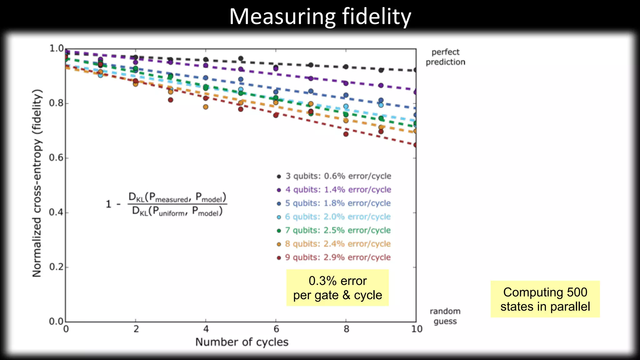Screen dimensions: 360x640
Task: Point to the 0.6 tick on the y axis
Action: [57, 157]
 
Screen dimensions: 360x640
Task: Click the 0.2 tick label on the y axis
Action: [57, 267]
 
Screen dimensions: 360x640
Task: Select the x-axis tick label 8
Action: [346, 329]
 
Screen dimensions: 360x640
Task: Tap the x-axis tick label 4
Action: [206, 329]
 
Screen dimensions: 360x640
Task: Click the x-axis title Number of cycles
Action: [242, 342]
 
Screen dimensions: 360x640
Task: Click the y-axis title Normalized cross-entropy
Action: [37, 183]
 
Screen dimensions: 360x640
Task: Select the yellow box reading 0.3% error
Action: [337, 288]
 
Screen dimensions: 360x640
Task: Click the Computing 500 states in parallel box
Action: [545, 299]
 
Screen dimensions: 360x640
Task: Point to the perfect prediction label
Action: [445, 57]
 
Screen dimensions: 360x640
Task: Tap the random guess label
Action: [445, 316]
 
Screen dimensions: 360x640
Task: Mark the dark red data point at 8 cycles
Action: [346, 134]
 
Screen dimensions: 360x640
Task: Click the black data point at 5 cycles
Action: [241, 58]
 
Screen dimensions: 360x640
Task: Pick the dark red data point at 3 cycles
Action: [170, 100]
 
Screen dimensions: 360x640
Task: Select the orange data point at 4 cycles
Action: [206, 107]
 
